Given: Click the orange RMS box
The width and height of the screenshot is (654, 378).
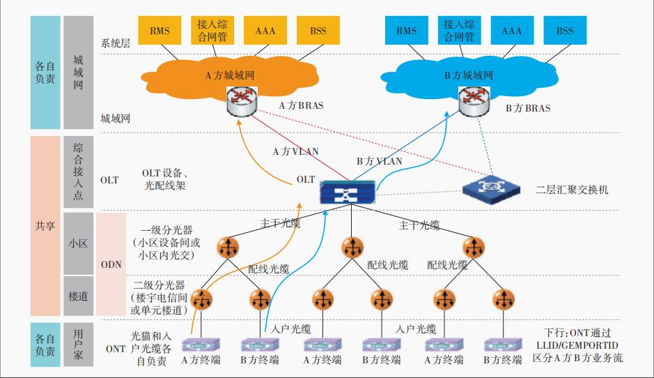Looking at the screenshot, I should pos(160,31).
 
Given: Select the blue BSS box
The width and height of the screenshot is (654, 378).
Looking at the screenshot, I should pos(565,31).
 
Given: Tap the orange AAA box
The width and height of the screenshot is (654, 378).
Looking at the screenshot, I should pos(265,31).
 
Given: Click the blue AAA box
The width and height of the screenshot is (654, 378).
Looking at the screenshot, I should pos(513,31).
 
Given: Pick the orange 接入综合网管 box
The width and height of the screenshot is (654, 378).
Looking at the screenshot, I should pos(212,31).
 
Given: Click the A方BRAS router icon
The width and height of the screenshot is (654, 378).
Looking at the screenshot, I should pos(241,103).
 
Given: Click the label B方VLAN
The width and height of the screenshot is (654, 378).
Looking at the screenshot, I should pos(379,161).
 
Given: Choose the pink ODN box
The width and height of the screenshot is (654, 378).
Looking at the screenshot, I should pos(111,264).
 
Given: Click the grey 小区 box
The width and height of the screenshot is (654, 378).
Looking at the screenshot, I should pos(78,244).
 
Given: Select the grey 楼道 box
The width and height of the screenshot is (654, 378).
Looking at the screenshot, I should pos(78,296).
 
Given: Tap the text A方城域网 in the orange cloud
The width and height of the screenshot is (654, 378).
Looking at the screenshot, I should pos(229,75).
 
